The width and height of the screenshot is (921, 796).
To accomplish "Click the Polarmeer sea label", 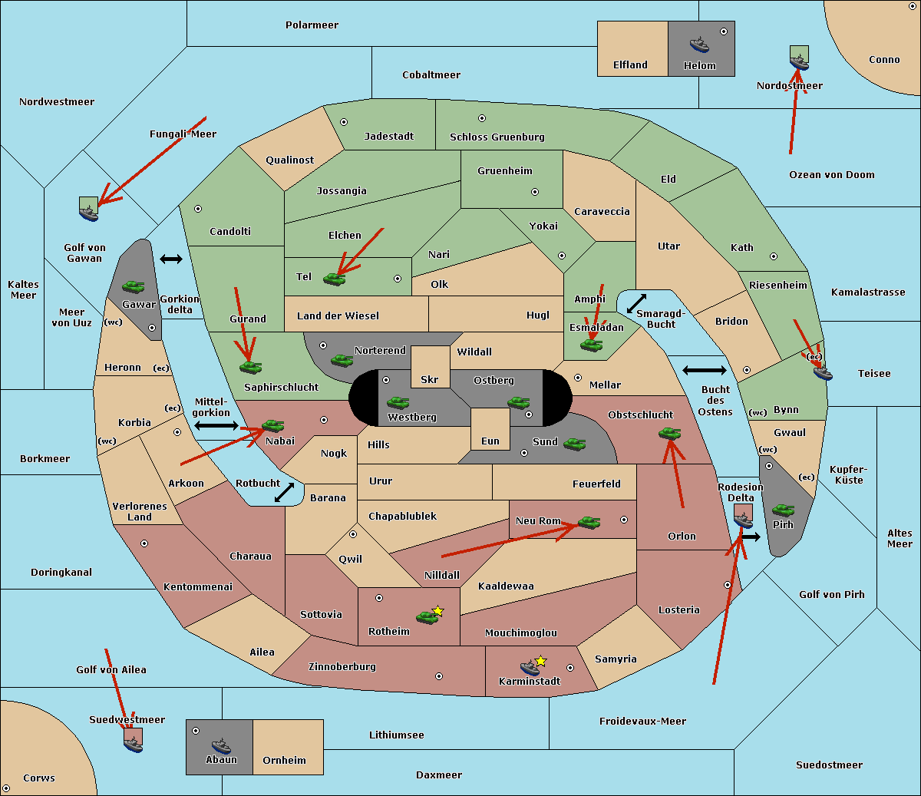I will [312, 25].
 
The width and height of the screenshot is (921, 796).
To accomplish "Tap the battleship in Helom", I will [698, 45].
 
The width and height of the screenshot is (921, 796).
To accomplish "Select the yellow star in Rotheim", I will [438, 611].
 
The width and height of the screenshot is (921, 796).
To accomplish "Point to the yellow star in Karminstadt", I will [541, 661].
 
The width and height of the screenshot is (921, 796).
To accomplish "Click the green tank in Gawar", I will [134, 287].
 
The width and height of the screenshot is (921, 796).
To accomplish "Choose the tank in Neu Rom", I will [589, 523].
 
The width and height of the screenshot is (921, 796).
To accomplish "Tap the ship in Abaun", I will [221, 745].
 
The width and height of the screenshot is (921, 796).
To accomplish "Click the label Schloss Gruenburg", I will [497, 137].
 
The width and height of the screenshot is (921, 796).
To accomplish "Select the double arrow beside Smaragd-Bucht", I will [636, 304].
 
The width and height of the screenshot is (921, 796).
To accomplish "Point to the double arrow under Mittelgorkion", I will [216, 425].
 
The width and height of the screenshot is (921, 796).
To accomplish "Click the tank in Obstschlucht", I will [669, 434].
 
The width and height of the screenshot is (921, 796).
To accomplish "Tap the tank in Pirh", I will [783, 510].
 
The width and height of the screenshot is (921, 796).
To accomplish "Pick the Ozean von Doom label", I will [831, 175].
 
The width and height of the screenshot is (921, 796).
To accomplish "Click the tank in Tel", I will [334, 279].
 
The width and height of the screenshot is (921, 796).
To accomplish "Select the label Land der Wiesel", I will [338, 315].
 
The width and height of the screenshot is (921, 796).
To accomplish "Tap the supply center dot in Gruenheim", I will [535, 192].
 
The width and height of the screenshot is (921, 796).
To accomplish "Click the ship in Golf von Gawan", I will [89, 213].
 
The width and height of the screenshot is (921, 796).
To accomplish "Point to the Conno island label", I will [884, 60].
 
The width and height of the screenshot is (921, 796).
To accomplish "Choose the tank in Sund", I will [574, 444].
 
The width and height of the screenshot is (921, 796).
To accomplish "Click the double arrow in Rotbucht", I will [284, 492].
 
